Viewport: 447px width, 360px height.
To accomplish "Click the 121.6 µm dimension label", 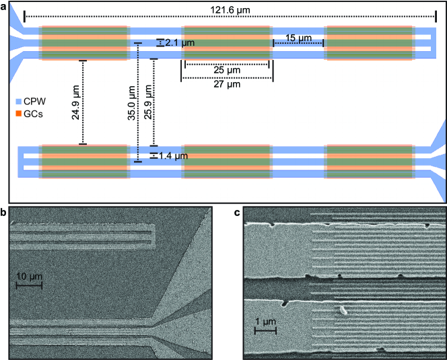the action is click(x=230, y=10).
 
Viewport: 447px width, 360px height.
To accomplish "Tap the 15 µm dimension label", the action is click(x=298, y=38).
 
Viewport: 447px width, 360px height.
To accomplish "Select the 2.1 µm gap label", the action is click(x=180, y=43).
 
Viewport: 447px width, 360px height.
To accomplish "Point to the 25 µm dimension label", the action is click(x=227, y=70).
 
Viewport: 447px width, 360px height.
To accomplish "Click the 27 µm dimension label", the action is click(x=227, y=84).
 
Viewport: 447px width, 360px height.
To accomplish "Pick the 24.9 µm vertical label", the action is click(x=75, y=102).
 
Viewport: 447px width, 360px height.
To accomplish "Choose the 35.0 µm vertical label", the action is click(x=131, y=103).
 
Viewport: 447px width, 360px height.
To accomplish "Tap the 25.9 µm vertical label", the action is click(x=148, y=102).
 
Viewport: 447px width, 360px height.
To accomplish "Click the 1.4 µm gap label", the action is click(x=173, y=156).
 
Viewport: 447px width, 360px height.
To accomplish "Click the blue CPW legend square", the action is click(x=19, y=101).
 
